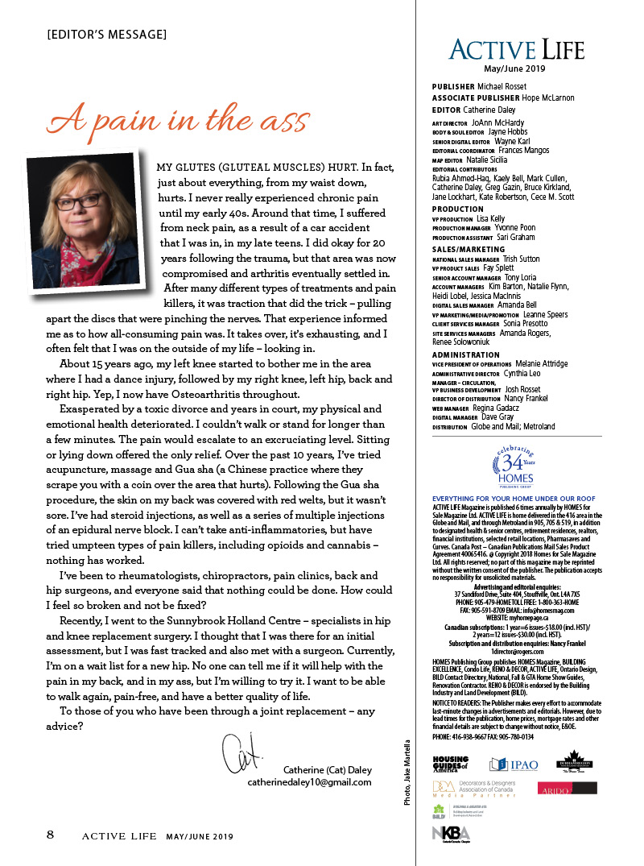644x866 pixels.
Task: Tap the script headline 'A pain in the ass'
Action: [177, 120]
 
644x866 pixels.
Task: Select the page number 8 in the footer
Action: [50, 835]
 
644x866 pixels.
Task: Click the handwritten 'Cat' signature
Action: [239, 751]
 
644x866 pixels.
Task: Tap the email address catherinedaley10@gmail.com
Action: [309, 781]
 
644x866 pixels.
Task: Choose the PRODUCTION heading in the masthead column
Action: [458, 209]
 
